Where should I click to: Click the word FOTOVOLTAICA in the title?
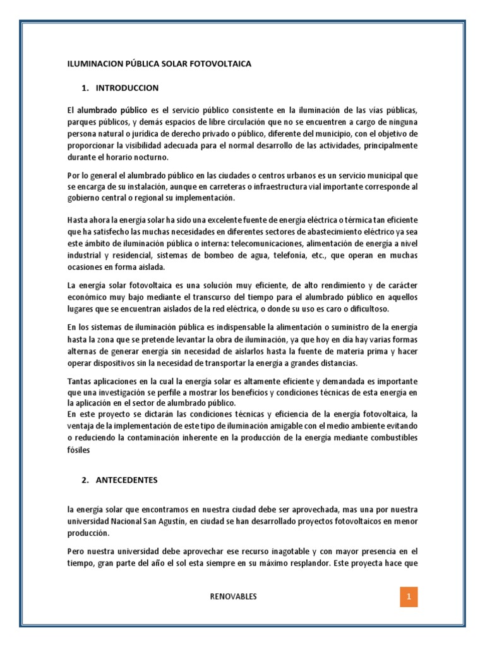click(220, 64)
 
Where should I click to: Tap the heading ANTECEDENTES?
click(127, 480)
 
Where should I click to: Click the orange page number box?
click(409, 596)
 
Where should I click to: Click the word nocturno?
click(166, 157)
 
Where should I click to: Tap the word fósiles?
click(79, 450)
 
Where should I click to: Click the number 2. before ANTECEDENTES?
click(85, 480)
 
